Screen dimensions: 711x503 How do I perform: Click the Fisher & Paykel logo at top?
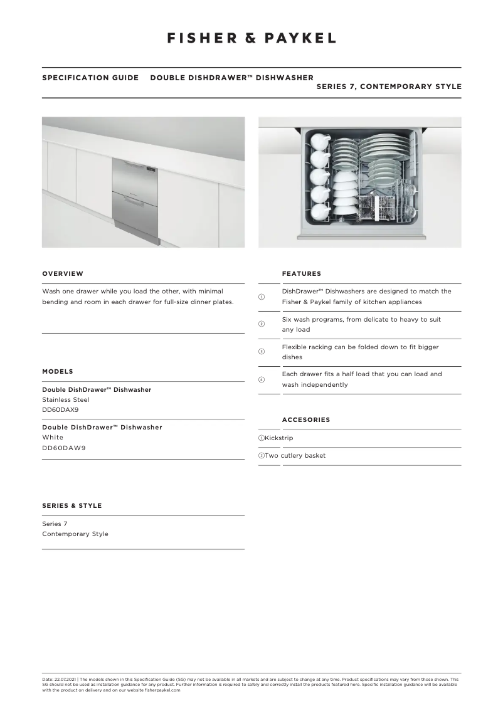(251, 38)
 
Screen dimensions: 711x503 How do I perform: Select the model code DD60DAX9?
(60, 409)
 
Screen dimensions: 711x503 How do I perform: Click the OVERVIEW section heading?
(63, 273)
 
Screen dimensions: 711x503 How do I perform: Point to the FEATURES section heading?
(301, 273)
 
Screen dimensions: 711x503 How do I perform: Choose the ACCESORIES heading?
(305, 419)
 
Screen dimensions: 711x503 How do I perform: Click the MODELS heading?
(58, 371)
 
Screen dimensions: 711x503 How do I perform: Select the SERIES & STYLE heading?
(71, 505)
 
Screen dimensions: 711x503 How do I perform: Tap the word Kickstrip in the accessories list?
(278, 438)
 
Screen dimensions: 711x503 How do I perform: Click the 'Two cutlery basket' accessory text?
(295, 455)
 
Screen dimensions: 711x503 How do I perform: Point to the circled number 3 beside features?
(262, 352)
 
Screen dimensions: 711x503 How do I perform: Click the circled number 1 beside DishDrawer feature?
(262, 297)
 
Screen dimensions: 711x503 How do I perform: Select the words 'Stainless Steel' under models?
(66, 399)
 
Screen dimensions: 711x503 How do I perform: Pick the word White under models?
(53, 437)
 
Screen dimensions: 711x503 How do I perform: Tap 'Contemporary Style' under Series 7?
(75, 534)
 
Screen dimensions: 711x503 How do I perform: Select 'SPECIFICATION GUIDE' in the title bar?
(90, 78)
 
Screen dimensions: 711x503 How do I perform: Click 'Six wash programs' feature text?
(312, 319)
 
